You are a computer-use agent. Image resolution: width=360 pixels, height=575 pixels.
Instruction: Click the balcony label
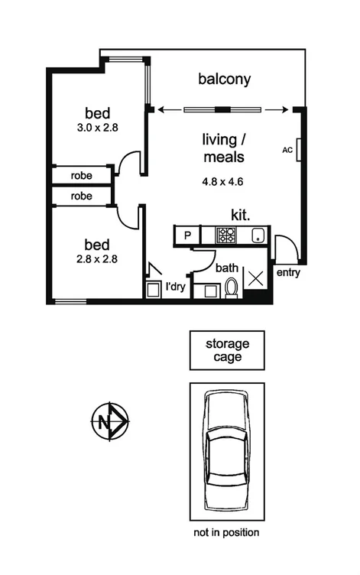[x=224, y=79]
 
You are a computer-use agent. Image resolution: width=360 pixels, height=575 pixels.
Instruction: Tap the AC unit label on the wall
[x=287, y=150]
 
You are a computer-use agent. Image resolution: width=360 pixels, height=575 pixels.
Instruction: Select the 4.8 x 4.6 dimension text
[x=222, y=183]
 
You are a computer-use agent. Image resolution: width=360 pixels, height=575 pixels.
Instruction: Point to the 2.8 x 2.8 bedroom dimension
[x=97, y=260]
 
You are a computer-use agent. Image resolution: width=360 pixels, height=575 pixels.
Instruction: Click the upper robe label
[x=81, y=176]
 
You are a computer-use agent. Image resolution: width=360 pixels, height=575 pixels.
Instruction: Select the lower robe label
[x=81, y=197]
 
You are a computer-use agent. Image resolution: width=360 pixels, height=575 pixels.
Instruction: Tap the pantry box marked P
[x=186, y=236]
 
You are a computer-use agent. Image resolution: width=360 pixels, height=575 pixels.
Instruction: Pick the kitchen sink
[x=258, y=235]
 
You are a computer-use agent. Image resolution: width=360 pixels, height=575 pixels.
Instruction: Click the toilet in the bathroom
[x=232, y=288]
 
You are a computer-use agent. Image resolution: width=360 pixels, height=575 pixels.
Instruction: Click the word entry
[x=287, y=273]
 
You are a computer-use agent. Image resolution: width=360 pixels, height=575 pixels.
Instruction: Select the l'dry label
[x=174, y=288]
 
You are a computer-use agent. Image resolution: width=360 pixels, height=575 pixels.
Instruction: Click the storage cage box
[x=227, y=350]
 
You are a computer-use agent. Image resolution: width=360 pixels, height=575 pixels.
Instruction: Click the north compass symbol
[x=110, y=420]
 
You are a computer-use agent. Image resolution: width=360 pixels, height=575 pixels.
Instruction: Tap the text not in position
[x=227, y=532]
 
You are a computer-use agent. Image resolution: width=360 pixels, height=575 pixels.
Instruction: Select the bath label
[x=226, y=268]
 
